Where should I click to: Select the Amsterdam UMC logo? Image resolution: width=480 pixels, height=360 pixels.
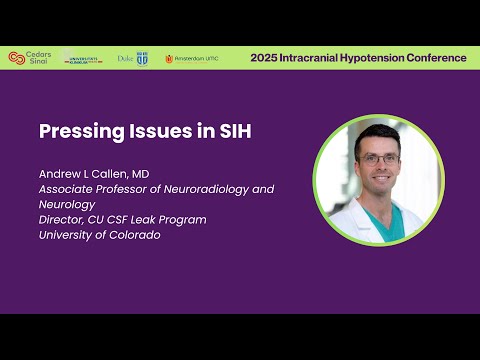click(x=191, y=58)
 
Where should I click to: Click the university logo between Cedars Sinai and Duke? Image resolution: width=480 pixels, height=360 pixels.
click(x=82, y=58)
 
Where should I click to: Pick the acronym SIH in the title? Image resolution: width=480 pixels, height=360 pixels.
click(x=190, y=131)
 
